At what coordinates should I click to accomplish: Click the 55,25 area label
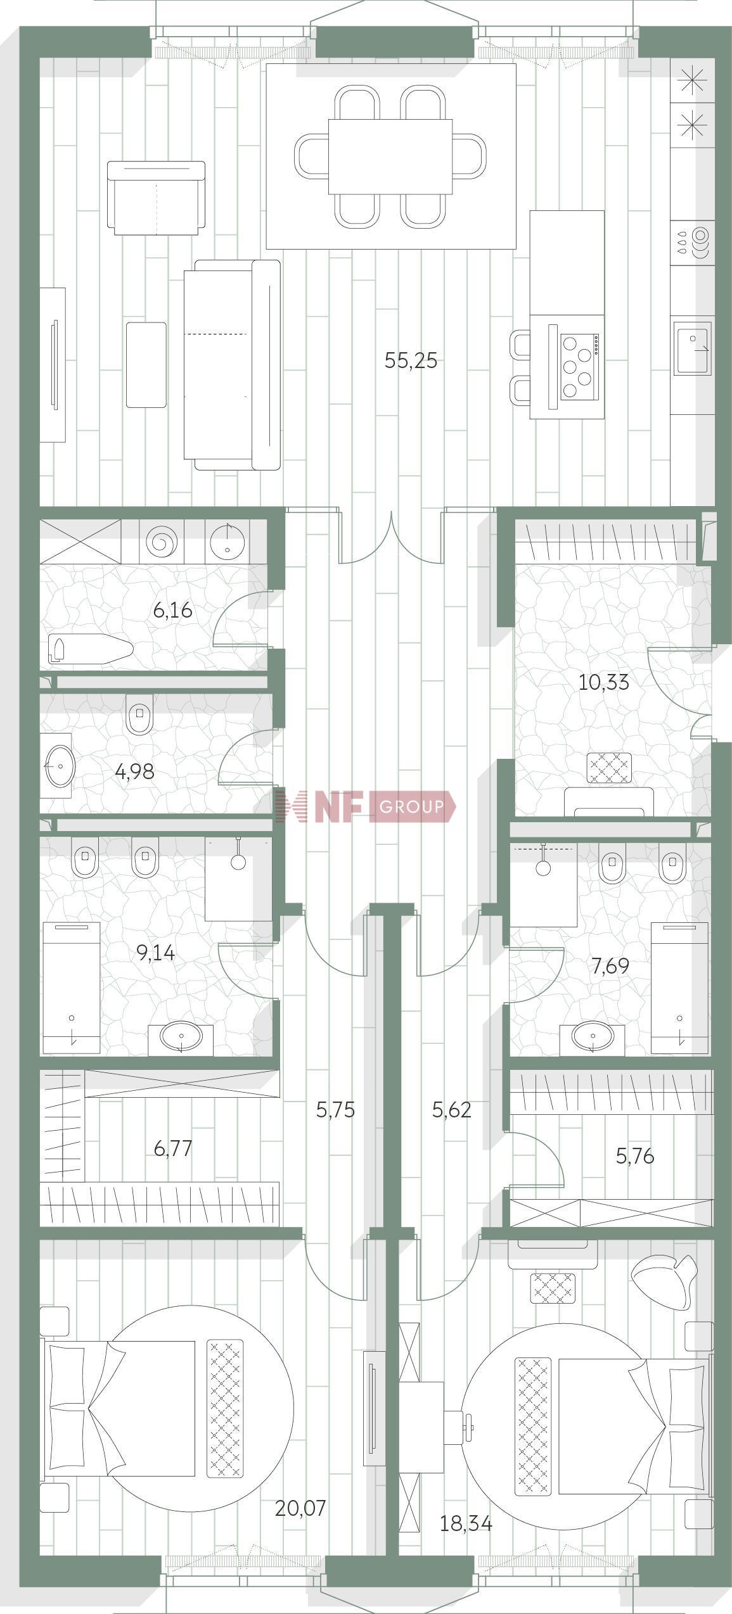tap(411, 360)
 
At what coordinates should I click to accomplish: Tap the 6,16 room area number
tap(172, 611)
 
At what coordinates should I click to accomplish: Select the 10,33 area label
tap(603, 682)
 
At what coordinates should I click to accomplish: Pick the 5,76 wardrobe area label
tap(635, 1156)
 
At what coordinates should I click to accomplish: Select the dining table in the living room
tap(390, 156)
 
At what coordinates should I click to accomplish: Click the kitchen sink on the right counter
tap(693, 348)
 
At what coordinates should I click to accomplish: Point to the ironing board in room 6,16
tap(90, 649)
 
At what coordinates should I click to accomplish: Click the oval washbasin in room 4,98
tap(58, 765)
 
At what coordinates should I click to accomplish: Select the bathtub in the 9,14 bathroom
tap(71, 988)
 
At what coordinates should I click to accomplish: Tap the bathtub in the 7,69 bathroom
tap(680, 988)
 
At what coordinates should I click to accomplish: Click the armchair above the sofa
tap(156, 198)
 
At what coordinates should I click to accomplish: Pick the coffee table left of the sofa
tap(146, 364)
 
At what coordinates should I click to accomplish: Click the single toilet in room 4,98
tap(140, 715)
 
